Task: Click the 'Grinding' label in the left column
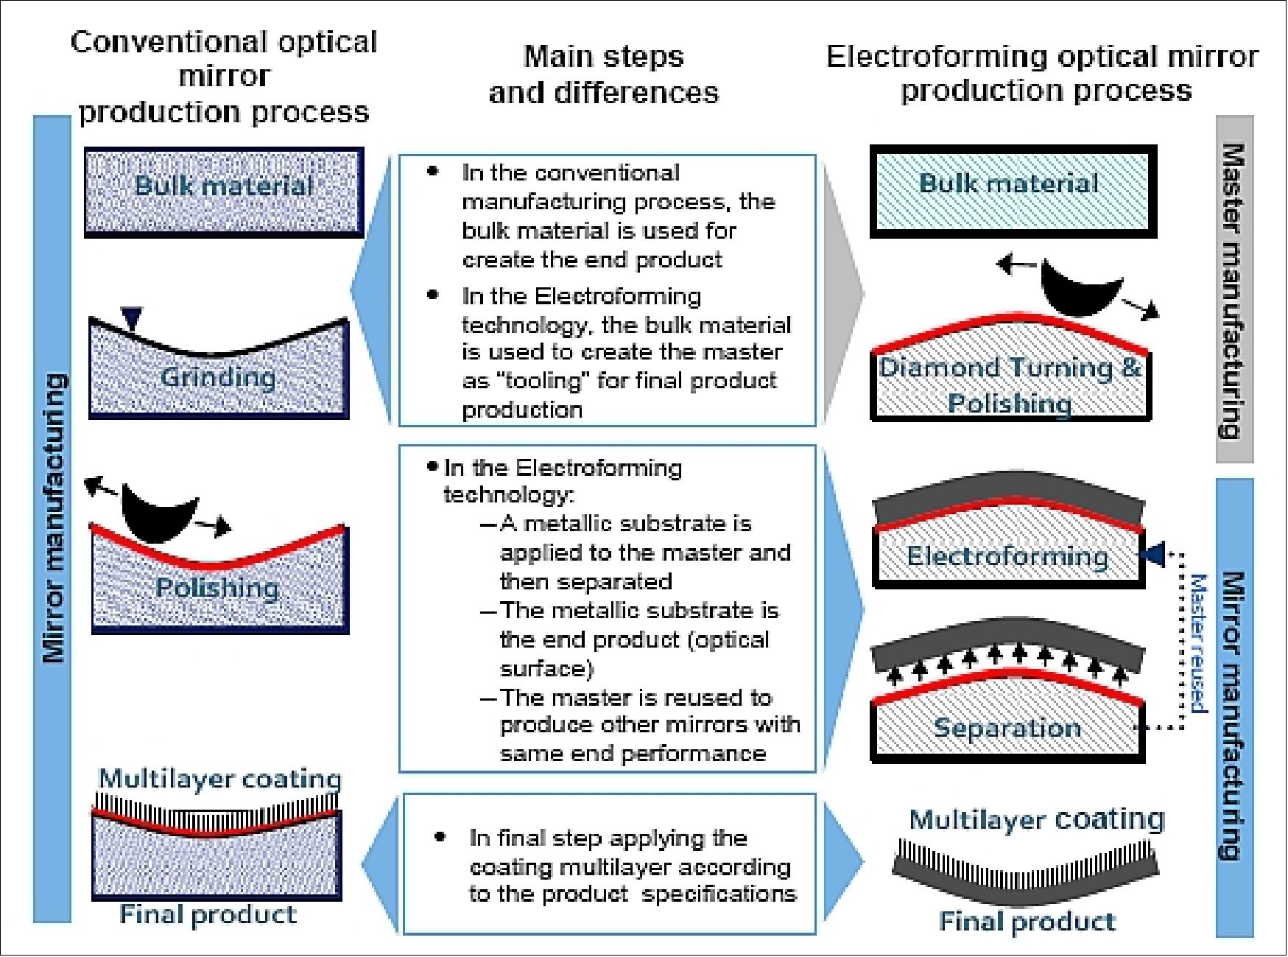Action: point(218,377)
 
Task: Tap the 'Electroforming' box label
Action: point(1007,555)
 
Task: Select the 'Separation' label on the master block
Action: point(1007,728)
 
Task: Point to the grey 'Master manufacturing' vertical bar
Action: point(1234,289)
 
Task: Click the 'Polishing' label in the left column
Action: point(218,588)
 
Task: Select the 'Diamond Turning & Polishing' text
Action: point(1010,385)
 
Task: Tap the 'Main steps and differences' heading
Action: point(603,74)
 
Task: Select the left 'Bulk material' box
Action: point(224,192)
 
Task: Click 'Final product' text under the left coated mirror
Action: point(208,915)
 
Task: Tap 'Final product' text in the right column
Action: point(1027,922)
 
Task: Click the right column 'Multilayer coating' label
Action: point(1037,819)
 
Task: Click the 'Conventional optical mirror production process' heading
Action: point(224,77)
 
